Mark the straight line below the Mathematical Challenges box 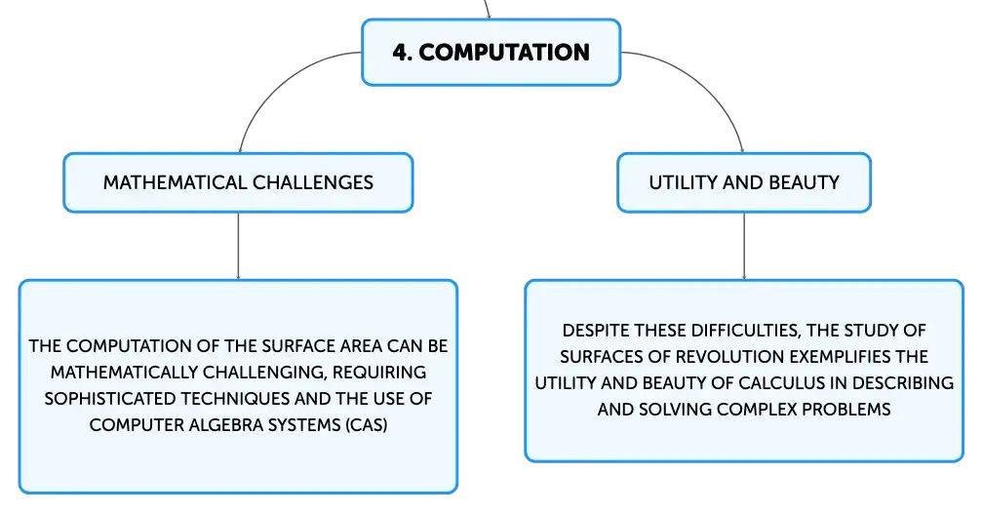point(238,246)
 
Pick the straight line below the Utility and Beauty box point(744,246)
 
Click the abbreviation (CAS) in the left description point(366,425)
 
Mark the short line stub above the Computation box point(488,9)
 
